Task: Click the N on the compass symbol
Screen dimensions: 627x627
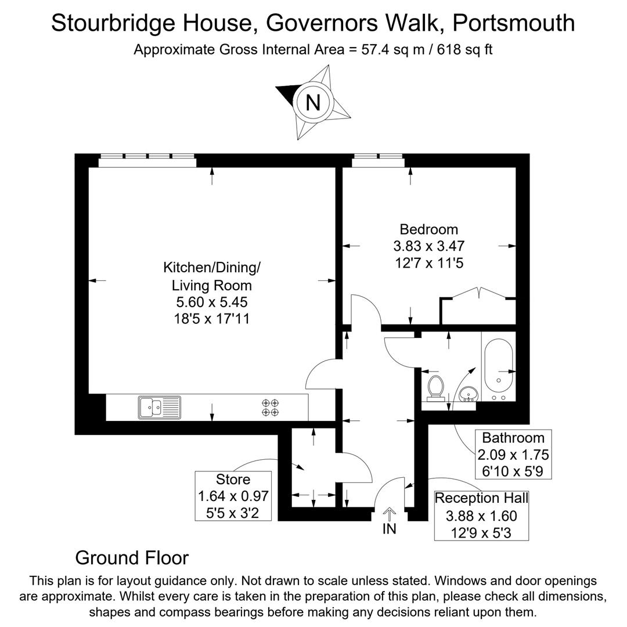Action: [313, 102]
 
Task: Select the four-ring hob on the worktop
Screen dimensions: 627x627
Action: [269, 407]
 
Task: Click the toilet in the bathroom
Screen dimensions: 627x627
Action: [436, 388]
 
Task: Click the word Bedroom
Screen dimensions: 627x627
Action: [429, 229]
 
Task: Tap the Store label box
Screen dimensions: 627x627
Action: [233, 496]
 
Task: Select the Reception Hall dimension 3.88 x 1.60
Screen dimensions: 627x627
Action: [481, 516]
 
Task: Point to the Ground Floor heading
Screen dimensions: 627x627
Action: [132, 558]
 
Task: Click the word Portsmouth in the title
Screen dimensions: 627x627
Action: [513, 23]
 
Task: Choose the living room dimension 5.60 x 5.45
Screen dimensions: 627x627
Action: [212, 302]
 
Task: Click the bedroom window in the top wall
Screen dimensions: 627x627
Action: [379, 160]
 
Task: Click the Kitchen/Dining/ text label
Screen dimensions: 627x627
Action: [212, 268]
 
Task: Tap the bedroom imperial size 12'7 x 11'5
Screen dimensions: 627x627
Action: [429, 263]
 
